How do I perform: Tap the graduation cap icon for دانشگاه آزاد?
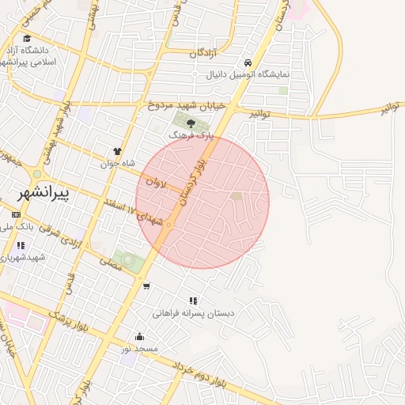[28, 38]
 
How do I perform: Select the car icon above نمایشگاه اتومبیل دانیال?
[248, 62]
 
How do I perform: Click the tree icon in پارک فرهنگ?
[190, 123]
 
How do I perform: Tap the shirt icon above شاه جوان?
[118, 151]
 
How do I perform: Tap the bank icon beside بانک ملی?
[17, 215]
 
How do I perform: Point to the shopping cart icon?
[146, 286]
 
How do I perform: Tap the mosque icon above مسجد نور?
[140, 336]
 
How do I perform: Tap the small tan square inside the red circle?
[236, 196]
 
